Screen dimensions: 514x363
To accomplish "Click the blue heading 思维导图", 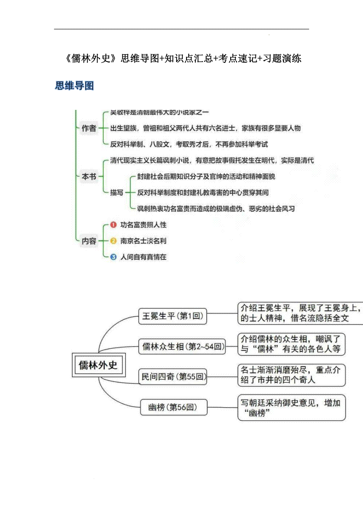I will click(x=74, y=86).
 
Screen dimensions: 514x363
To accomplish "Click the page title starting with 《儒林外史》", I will click(x=183, y=58).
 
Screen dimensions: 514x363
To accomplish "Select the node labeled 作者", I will click(x=89, y=128).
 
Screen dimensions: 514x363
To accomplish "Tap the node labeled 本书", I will click(x=89, y=176).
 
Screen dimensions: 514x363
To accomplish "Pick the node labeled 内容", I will click(x=89, y=241).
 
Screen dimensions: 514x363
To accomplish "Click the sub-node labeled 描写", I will click(x=116, y=193).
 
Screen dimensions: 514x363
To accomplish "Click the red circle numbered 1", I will click(x=113, y=225).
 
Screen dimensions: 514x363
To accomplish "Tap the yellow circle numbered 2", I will click(x=113, y=241).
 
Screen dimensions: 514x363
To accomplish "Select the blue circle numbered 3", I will click(x=113, y=257).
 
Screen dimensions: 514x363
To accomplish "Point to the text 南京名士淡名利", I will click(x=143, y=241).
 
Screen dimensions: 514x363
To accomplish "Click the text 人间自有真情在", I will click(x=143, y=257).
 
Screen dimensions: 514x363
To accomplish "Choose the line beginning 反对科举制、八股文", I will click(x=189, y=144).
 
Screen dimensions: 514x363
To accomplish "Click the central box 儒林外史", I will click(x=98, y=365).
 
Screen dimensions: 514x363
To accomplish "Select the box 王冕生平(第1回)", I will click(x=172, y=316).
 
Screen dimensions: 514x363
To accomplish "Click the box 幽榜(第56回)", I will click(x=174, y=407).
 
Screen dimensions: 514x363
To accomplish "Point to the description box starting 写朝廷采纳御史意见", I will click(x=291, y=407).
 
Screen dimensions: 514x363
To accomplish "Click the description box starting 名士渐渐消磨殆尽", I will click(x=291, y=375).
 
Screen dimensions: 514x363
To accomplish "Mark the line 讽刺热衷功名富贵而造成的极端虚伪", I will click(x=216, y=209).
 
